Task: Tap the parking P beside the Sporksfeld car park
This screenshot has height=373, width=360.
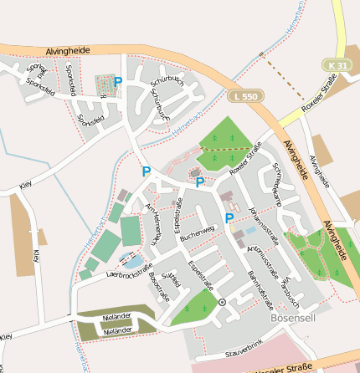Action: tap(118, 82)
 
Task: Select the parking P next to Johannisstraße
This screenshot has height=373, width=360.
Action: tap(229, 218)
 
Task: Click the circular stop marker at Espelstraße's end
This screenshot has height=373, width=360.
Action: tap(222, 302)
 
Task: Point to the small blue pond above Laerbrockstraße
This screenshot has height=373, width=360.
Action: tap(127, 259)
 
